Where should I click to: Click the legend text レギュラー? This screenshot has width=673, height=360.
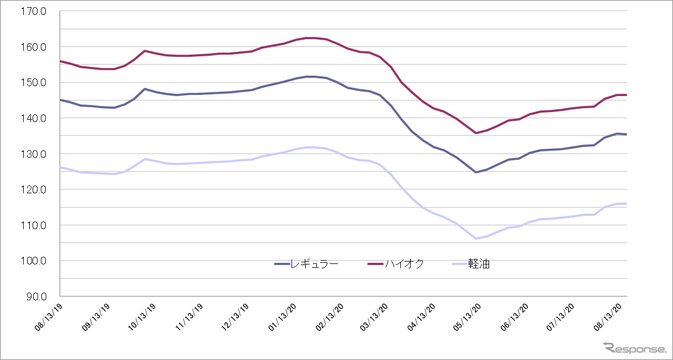[x=316, y=264]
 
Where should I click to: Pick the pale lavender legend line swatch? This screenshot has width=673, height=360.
[x=459, y=264]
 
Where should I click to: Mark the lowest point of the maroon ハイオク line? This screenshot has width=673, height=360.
[x=475, y=133]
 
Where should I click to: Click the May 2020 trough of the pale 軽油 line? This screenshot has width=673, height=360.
[x=475, y=239]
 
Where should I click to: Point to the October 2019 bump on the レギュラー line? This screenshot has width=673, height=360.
[x=144, y=89]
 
